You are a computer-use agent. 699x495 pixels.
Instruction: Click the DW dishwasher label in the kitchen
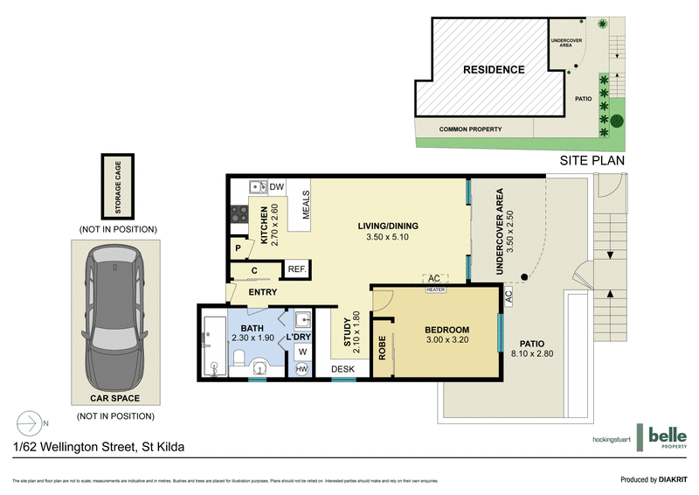click(x=277, y=186)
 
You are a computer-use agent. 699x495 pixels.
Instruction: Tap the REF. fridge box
click(x=295, y=269)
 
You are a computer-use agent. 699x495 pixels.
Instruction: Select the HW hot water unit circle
click(x=301, y=370)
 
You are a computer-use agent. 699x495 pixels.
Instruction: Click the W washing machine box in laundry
click(x=301, y=352)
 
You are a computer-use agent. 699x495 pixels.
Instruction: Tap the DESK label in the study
click(x=342, y=370)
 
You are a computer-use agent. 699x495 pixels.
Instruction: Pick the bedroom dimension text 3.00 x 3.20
click(x=446, y=339)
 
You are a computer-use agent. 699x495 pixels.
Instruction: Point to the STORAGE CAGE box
click(x=115, y=186)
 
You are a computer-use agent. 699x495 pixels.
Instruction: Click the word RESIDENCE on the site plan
click(x=494, y=70)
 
